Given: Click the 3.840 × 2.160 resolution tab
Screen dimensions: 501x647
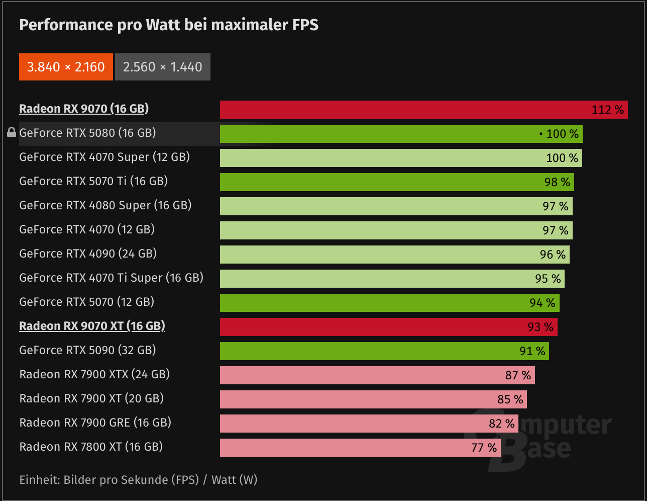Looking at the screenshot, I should click(x=66, y=67).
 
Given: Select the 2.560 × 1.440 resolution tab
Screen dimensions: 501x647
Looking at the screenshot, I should click(x=163, y=67).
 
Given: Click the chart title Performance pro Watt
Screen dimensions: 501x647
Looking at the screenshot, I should click(x=169, y=25).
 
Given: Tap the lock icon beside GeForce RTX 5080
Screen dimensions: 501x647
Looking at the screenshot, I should click(x=12, y=133).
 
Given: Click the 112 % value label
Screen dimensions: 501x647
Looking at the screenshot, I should click(x=607, y=110).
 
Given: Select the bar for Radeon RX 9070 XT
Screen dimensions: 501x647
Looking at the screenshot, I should click(x=388, y=327).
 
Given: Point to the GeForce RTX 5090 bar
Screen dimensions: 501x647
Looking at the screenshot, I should click(x=384, y=351).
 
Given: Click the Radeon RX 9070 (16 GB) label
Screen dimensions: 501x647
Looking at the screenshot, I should click(x=84, y=109).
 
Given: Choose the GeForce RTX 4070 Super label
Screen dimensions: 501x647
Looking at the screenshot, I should click(x=104, y=157).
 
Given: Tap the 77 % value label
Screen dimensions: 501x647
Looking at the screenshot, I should click(x=484, y=448).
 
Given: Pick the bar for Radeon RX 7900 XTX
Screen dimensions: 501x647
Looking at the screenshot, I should click(x=377, y=375).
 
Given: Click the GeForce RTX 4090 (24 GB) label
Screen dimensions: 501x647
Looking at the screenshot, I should click(x=88, y=254).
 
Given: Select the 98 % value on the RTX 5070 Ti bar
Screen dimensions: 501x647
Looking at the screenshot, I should click(x=557, y=182).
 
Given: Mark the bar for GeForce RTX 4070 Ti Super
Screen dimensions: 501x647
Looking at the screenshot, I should click(x=392, y=279).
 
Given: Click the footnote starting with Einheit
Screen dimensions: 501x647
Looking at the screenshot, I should click(x=138, y=480).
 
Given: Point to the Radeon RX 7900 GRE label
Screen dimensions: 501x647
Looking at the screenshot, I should click(x=95, y=423).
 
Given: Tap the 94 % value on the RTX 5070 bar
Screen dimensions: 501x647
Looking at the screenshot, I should click(x=542, y=303).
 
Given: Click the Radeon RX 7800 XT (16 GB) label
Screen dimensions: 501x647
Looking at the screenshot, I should click(x=91, y=447).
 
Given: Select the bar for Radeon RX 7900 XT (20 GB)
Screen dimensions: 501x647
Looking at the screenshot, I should click(x=373, y=399).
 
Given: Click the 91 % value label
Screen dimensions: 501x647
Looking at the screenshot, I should click(x=532, y=351).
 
